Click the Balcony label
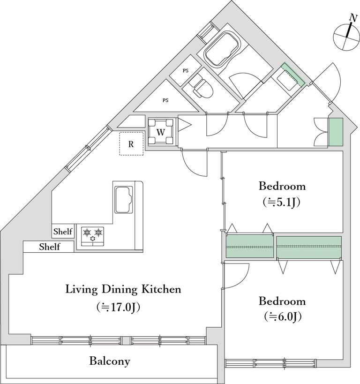point(110,361)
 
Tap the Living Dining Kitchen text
point(123,289)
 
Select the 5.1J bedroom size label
point(281,202)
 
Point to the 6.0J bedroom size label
point(283,317)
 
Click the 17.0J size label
point(118,308)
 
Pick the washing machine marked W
point(161,132)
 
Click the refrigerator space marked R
point(131,144)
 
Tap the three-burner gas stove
point(92,236)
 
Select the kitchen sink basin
point(124,200)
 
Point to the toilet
point(201,85)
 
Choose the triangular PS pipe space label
point(165,100)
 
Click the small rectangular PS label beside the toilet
point(186,71)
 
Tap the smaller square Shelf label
point(63,232)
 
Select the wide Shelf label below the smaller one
point(50,247)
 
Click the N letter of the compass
point(353,18)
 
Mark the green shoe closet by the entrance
point(336,132)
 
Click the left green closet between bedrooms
point(249,246)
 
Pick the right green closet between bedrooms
point(309,247)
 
